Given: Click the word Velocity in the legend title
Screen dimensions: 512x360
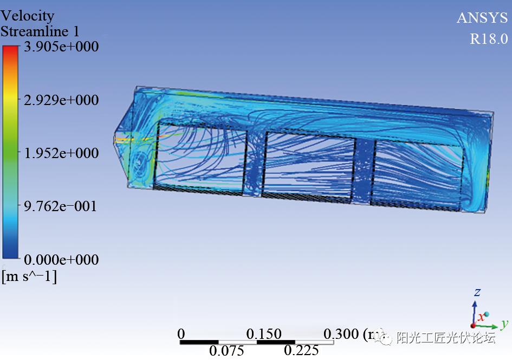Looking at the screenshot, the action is pos(28,16).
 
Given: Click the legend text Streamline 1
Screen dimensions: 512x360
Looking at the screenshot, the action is pos(40,31).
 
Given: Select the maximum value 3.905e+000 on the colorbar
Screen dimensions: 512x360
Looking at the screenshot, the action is pos(61,47).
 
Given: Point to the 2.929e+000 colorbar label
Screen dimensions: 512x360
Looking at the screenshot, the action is pos(61,100).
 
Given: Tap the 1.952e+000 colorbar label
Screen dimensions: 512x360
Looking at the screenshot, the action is pos(61,153).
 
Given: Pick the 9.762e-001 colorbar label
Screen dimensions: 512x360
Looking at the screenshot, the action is pos(60,206).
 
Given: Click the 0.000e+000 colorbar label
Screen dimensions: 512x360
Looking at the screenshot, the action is pos(61,260).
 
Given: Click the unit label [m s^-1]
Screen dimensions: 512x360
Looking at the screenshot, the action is pos(29,277).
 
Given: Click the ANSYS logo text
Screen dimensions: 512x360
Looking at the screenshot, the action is pos(482,18).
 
